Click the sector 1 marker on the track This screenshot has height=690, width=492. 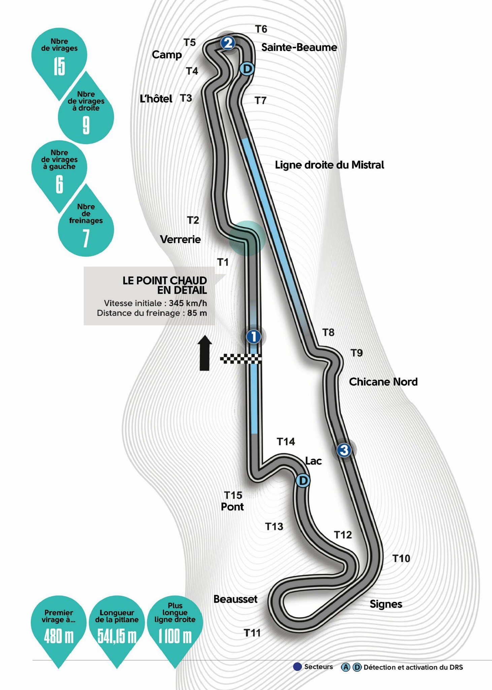[x=254, y=336]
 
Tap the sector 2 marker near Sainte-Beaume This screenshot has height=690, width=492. [x=228, y=43]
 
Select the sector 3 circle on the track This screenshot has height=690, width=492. [x=344, y=450]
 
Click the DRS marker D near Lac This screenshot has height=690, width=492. [x=303, y=481]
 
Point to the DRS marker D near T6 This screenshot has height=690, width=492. [x=247, y=69]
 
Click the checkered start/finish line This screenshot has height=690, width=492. [x=241, y=359]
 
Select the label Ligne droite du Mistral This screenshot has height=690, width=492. [x=329, y=165]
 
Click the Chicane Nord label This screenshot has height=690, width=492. [x=383, y=382]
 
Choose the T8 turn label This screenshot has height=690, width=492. [x=328, y=333]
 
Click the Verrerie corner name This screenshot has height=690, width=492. [x=181, y=240]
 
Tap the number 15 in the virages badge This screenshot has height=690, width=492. [x=59, y=67]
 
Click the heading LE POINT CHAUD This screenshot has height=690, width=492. [x=165, y=280]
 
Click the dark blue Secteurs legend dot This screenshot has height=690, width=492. [x=297, y=667]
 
